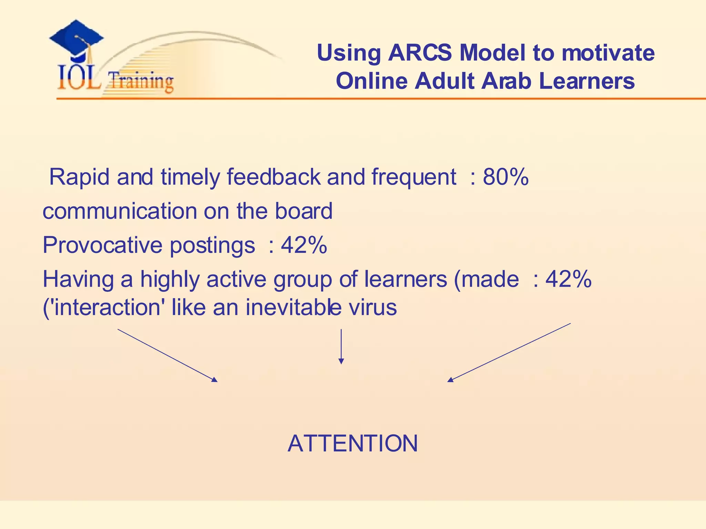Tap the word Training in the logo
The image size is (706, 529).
coord(141,82)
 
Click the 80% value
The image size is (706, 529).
coord(505,177)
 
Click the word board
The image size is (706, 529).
coord(303,211)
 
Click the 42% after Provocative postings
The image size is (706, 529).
coord(304,245)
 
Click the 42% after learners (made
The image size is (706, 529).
coord(568,279)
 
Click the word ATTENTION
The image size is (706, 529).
coord(353,443)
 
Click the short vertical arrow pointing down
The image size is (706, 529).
coord(341,346)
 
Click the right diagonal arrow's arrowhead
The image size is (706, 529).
coord(450,380)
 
